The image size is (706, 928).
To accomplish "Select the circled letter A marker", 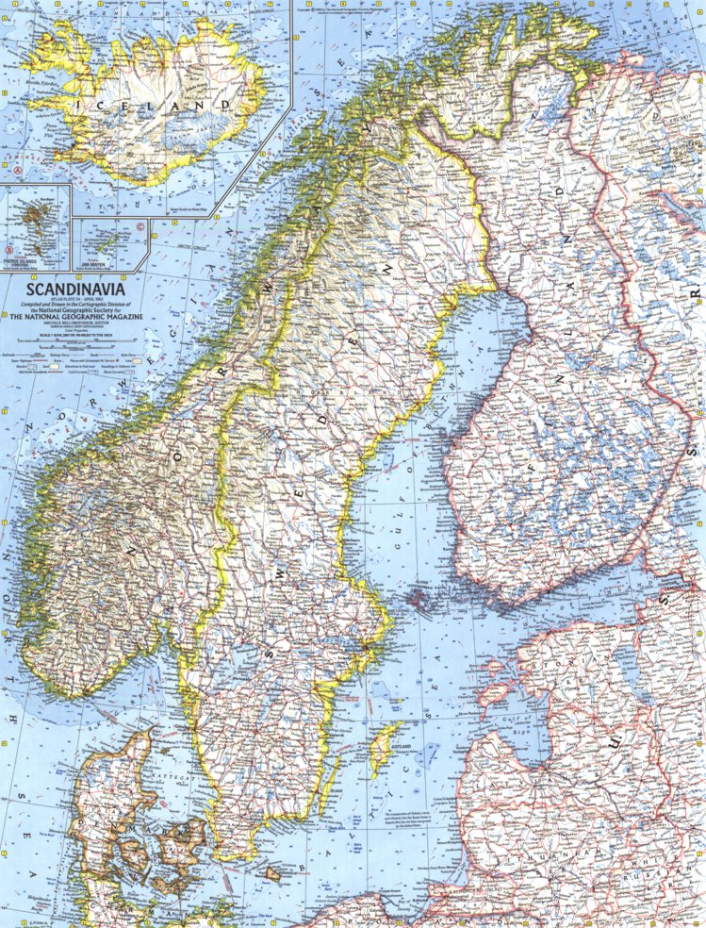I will pyautogui.click(x=17, y=171).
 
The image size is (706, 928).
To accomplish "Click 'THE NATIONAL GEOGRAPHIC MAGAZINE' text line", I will pyautogui.click(x=79, y=319).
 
